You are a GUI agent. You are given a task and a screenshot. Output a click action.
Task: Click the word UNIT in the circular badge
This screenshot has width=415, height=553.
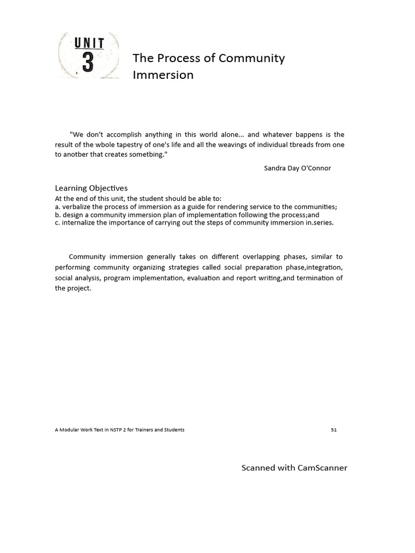click(x=88, y=42)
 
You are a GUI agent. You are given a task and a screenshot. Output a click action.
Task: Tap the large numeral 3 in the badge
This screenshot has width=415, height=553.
click(x=88, y=63)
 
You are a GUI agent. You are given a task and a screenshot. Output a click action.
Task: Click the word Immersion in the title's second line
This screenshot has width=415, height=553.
click(x=163, y=75)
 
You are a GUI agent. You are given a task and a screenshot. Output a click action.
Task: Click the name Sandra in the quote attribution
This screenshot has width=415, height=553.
click(x=276, y=168)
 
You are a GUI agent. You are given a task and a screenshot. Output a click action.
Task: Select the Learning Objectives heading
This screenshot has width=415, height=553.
click(x=91, y=188)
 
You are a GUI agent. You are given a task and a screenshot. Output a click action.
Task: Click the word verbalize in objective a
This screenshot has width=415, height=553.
click(x=78, y=207)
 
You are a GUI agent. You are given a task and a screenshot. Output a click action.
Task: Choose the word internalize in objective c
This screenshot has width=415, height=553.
click(x=81, y=222)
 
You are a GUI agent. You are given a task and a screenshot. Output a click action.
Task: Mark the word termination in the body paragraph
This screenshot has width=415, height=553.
click(x=314, y=278)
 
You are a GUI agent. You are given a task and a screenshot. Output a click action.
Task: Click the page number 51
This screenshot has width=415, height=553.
click(x=333, y=430)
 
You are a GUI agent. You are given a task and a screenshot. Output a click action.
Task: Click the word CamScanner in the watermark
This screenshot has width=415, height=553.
click(x=322, y=468)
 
